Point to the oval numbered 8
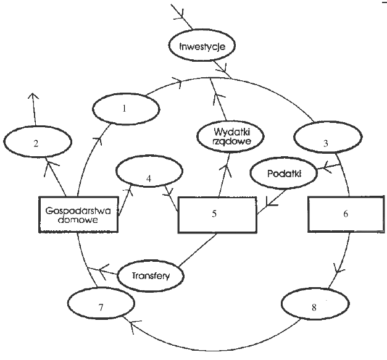tap(314, 306)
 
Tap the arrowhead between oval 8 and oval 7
tap(131, 323)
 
